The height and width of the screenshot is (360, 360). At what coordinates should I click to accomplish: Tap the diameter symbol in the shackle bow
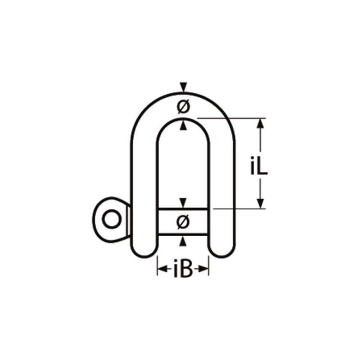coord(183,107)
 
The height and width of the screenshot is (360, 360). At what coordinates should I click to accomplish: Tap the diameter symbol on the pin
coord(183,221)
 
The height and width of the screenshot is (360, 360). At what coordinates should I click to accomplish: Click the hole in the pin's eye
coord(110,220)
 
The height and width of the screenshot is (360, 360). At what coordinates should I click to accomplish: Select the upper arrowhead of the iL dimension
coord(260,123)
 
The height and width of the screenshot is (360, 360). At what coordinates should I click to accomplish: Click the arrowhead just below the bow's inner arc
coord(183,127)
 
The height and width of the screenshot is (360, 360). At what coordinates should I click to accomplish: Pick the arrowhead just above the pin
coord(183,202)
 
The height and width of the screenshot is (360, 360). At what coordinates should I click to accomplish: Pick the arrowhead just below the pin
coord(183,242)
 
